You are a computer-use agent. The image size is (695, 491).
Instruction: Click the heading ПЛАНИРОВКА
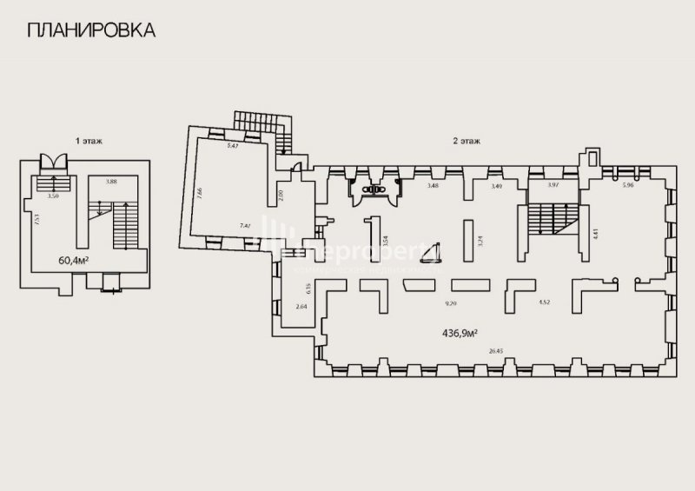pos(91,30)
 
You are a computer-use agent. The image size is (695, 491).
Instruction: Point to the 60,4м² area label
pos(77,259)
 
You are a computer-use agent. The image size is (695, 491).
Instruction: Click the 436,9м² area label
pos(462,332)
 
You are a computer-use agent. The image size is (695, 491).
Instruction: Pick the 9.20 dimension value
pos(451,302)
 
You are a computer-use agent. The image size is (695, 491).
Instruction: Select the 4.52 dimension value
pos(545,302)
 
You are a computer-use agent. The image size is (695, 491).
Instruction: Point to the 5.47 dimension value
pos(233,146)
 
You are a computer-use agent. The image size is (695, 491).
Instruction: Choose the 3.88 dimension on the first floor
pos(111,182)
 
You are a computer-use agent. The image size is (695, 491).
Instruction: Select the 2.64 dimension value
pos(301,307)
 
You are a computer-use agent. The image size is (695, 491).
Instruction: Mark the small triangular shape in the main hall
pos(429,251)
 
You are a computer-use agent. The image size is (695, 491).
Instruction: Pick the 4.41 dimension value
pos(595,232)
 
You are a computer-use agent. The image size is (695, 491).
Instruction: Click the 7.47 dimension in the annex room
pos(246,225)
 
